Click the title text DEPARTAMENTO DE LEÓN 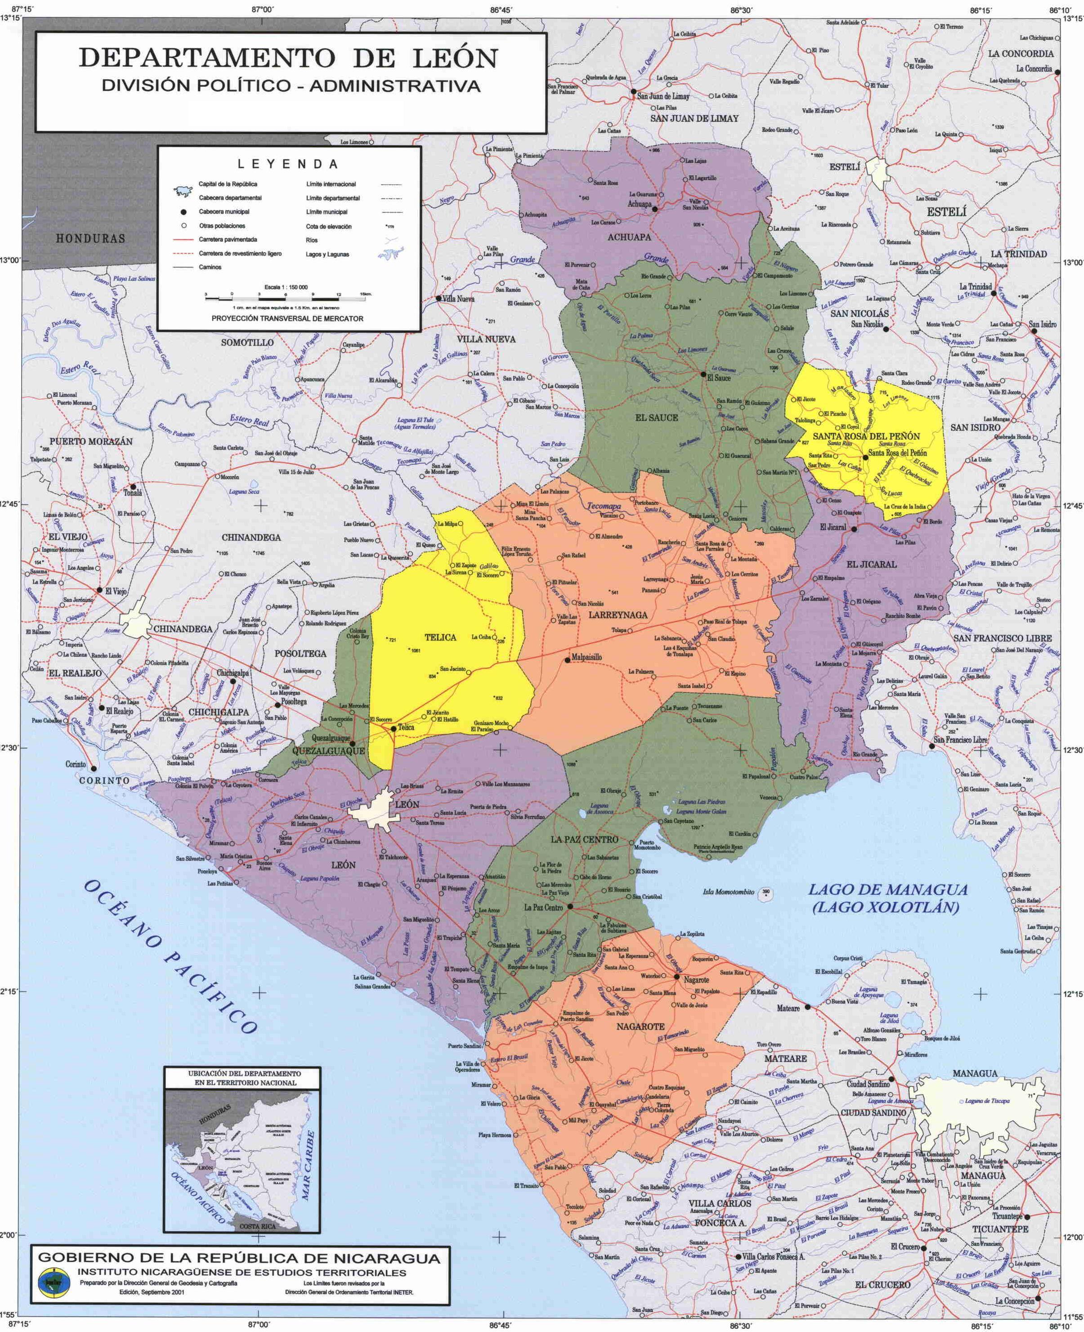pyautogui.click(x=288, y=58)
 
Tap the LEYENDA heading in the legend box pyautogui.click(x=288, y=164)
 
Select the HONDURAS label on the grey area pyautogui.click(x=90, y=238)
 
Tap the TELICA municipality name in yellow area pyautogui.click(x=440, y=637)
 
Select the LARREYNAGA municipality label pyautogui.click(x=618, y=615)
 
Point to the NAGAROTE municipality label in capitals pyautogui.click(x=640, y=1026)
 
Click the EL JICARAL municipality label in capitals pyautogui.click(x=871, y=564)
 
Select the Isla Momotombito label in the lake pyautogui.click(x=728, y=892)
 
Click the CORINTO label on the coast pyautogui.click(x=104, y=780)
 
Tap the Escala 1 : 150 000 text pyautogui.click(x=286, y=287)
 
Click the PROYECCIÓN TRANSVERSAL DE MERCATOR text pyautogui.click(x=287, y=318)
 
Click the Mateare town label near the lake pyautogui.click(x=788, y=1009)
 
